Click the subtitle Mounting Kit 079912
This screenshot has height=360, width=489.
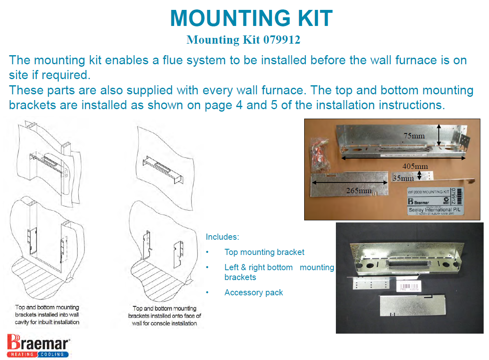point(243,40)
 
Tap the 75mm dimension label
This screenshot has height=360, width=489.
point(414,136)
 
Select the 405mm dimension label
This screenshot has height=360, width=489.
point(416,166)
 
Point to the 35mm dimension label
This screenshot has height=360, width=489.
point(403,178)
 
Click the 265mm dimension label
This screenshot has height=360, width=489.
point(359,191)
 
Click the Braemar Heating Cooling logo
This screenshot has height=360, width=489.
point(39,345)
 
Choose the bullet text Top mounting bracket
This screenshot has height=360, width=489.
point(264,252)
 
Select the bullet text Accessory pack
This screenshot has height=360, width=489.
point(254,292)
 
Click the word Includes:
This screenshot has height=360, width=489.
point(222,237)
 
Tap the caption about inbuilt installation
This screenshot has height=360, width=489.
point(47,315)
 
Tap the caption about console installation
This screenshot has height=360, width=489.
point(164,316)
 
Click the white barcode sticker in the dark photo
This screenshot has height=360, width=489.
point(410,286)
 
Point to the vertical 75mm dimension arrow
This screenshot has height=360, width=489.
point(439,136)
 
